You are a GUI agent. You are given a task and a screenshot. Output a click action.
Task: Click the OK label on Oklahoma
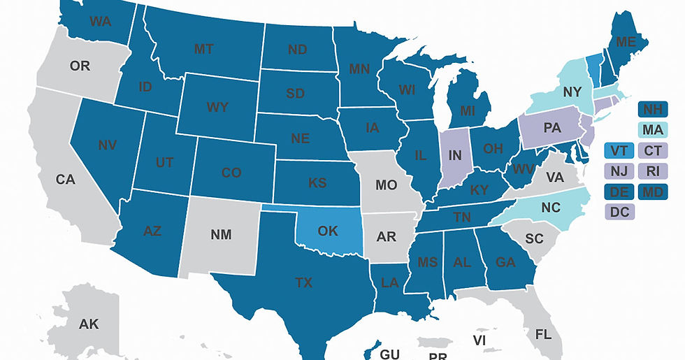tap(326, 231)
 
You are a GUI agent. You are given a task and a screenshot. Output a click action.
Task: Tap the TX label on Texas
tap(304, 283)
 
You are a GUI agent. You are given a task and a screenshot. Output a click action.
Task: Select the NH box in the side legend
tap(654, 110)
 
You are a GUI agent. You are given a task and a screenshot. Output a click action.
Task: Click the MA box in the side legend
tap(654, 130)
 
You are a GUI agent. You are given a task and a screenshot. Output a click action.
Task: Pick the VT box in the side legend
tap(619, 150)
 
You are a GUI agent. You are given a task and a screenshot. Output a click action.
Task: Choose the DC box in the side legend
tap(619, 211)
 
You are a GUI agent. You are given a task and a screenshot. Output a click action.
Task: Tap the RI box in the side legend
tap(654, 171)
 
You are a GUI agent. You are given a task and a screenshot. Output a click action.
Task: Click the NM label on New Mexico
tap(220, 235)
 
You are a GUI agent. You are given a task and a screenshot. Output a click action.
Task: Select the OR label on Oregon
tap(80, 66)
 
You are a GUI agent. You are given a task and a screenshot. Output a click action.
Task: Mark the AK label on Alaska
tap(89, 324)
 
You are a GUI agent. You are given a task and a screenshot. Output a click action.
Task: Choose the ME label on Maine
tap(626, 43)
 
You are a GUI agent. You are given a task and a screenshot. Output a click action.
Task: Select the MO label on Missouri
tap(386, 185)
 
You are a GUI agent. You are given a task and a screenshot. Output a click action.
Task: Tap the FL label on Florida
tap(542, 334)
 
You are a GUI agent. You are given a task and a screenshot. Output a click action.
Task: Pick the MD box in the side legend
tap(654, 191)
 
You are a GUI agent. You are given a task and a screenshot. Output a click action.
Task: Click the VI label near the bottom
tap(480, 340)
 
